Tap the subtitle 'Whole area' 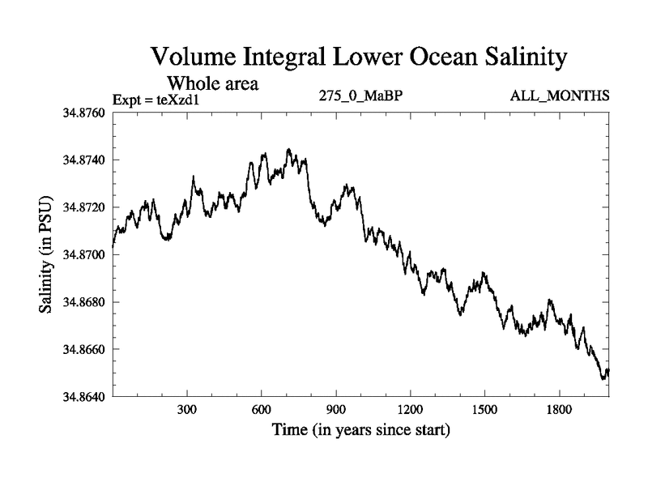tap(212, 83)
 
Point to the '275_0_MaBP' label tap(362, 96)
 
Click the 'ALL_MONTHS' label tap(560, 96)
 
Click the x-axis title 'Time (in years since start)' tap(361, 430)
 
